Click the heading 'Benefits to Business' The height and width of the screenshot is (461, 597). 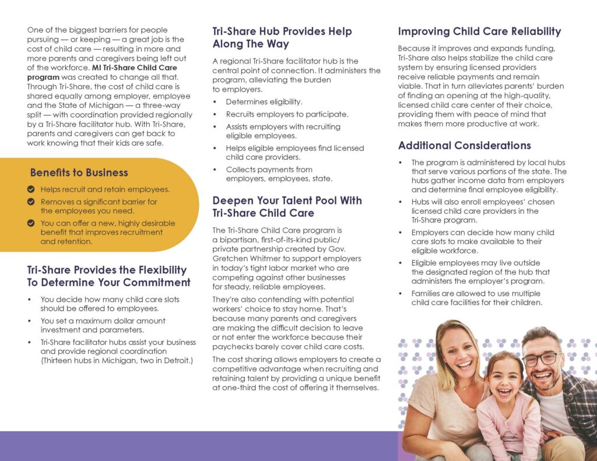pos(79,173)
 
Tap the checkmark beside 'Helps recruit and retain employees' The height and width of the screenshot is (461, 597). pos(31,189)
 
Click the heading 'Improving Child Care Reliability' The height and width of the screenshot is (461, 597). pos(479,31)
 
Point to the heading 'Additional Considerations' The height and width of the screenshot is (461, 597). pos(464,145)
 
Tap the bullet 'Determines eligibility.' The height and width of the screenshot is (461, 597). pos(264,101)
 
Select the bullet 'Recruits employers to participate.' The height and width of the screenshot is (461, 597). pos(287,114)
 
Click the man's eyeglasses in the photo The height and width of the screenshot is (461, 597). pos(542,359)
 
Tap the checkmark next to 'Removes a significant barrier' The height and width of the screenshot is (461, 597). pos(31,202)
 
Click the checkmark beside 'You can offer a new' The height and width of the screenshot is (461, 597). pos(31,223)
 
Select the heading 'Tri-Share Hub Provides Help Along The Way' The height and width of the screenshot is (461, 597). pos(282,37)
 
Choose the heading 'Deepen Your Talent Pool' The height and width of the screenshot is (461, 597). pos(287,207)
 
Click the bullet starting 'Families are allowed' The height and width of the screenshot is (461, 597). pos(476,298)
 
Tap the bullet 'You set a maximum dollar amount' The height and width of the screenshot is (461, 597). pos(103,325)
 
